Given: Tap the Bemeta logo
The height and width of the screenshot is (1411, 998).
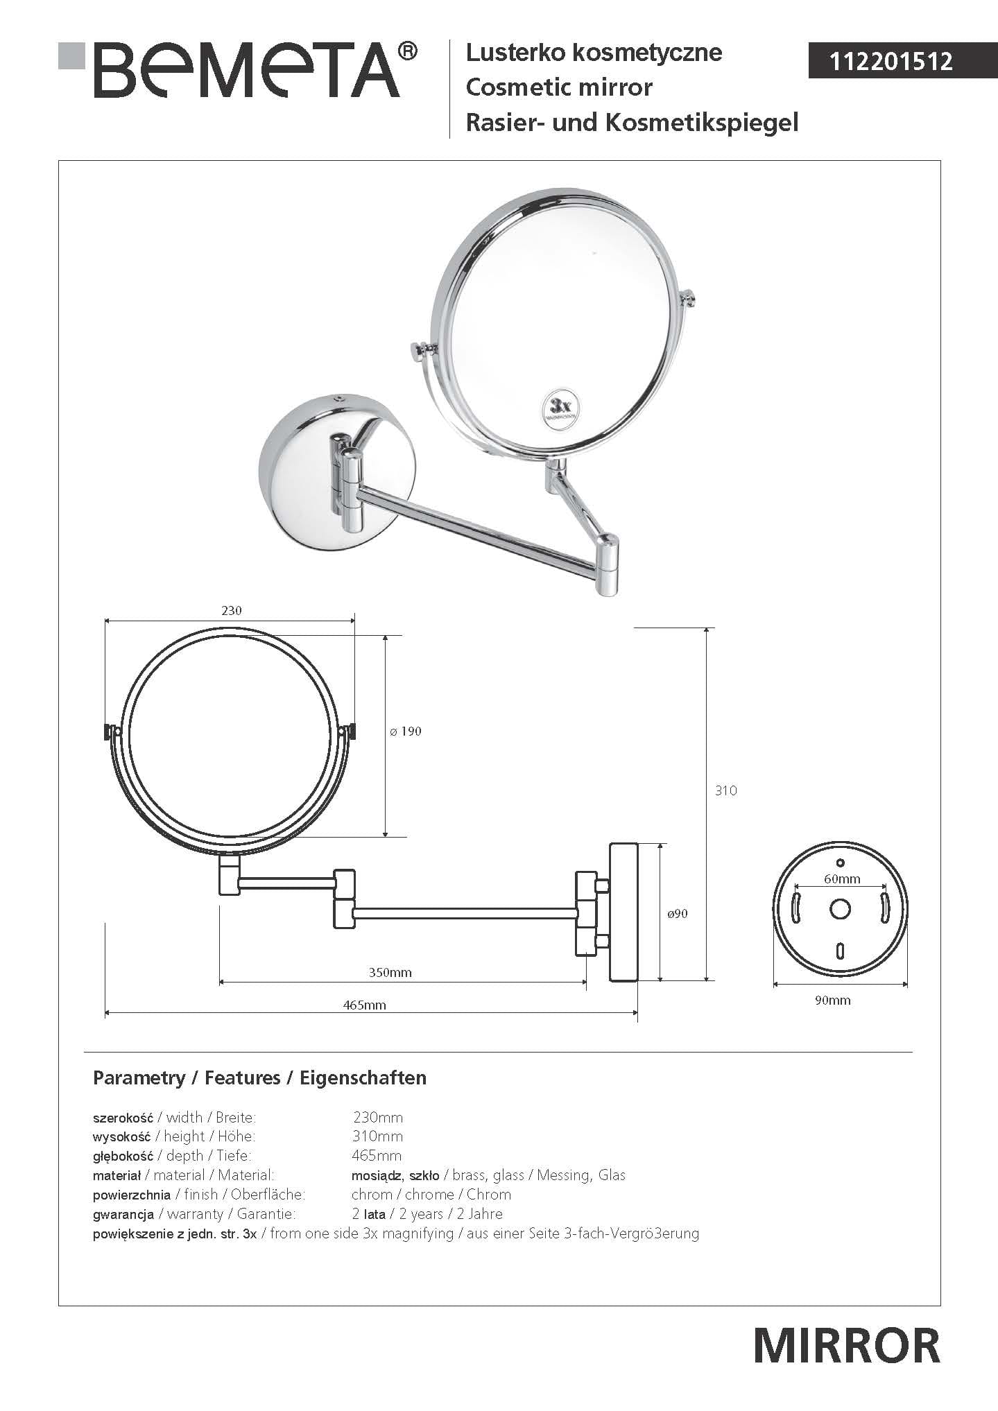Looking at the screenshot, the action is tap(237, 70).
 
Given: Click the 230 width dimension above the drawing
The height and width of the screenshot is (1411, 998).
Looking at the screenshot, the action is tap(232, 610).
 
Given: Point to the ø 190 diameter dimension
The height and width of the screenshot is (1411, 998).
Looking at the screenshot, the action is tap(406, 731).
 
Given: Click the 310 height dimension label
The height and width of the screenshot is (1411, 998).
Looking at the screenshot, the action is tap(726, 790).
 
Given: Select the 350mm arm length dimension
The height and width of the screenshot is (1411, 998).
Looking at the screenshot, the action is tap(390, 973).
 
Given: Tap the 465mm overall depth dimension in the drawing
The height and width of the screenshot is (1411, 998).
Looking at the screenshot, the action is tap(365, 1005).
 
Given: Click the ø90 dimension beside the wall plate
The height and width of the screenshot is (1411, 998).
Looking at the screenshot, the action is tap(678, 914).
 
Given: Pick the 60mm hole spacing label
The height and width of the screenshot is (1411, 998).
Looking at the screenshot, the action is tap(842, 879).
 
